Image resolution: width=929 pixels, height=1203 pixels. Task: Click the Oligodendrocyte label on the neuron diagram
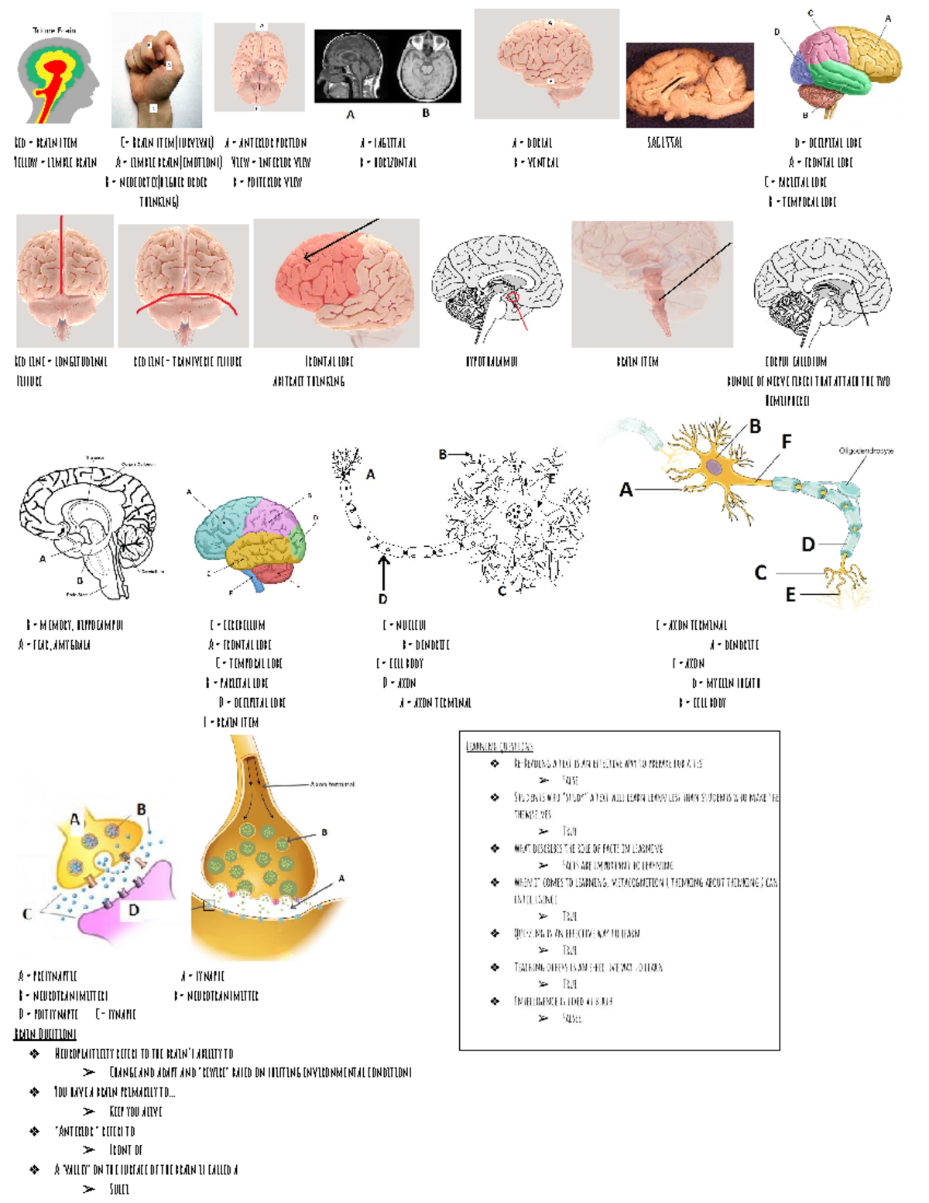[x=866, y=451]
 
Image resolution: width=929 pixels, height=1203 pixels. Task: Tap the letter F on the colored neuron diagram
[x=787, y=442]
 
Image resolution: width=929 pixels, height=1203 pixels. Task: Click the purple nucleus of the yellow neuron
[x=713, y=467]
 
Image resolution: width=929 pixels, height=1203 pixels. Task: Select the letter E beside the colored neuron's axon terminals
[x=790, y=595]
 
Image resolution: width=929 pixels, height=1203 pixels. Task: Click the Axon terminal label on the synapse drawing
[x=332, y=785]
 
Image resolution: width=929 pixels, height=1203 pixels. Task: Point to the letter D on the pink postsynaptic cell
[x=134, y=910]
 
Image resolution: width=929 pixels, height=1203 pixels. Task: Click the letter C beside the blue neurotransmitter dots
[x=27, y=914]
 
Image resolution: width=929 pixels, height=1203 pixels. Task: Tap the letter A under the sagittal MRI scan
[x=350, y=115]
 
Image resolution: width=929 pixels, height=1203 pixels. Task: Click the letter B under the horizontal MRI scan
[x=426, y=113]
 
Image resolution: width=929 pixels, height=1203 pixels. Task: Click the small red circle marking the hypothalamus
[x=512, y=297]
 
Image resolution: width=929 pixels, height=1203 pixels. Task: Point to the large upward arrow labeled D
[x=382, y=572]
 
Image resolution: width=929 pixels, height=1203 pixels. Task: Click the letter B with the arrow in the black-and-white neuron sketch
[x=443, y=455]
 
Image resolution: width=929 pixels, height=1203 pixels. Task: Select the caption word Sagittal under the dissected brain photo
[x=664, y=143]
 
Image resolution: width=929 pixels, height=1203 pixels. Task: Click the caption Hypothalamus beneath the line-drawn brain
[x=492, y=361]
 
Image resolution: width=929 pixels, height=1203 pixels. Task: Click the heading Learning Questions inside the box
[x=499, y=746]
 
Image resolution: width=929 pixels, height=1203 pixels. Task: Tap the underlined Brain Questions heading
[x=45, y=1034]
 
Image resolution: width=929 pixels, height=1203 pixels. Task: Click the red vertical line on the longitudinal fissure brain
[x=63, y=263]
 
